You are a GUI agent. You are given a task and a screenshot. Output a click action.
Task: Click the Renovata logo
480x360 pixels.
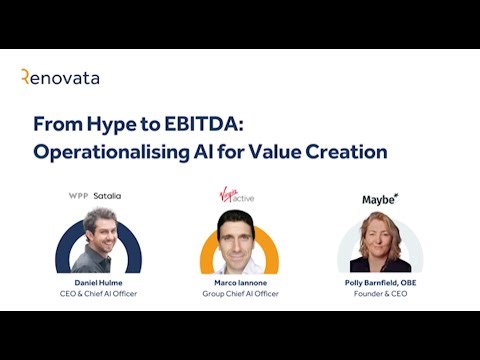(60, 77)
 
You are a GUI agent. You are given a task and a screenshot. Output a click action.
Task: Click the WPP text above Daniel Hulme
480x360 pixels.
(78, 196)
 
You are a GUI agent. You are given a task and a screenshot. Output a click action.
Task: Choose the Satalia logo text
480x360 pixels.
(107, 196)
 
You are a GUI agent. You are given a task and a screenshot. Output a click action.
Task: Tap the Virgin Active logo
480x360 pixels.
(237, 195)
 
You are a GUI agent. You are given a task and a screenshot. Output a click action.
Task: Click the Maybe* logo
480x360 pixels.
(380, 199)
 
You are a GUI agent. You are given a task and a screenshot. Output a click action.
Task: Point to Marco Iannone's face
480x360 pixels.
(238, 235)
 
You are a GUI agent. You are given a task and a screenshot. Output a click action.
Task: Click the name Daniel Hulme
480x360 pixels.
(98, 283)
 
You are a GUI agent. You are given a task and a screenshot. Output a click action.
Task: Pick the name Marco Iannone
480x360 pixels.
(238, 283)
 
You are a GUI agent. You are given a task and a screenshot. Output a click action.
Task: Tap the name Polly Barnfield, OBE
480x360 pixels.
(380, 283)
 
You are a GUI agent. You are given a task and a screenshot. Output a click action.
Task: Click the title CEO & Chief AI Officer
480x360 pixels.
(98, 294)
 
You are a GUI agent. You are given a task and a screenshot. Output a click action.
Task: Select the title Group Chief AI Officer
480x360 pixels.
(238, 294)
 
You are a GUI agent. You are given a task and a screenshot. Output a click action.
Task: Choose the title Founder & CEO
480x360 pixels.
(380, 294)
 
